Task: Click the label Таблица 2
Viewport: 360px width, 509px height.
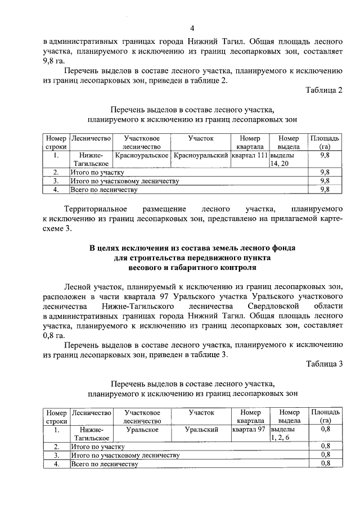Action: [x=324, y=90]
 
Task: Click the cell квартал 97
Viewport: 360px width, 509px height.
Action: [x=248, y=430]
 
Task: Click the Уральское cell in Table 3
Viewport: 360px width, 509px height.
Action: [x=142, y=430]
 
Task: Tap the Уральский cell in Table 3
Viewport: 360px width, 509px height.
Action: [x=201, y=430]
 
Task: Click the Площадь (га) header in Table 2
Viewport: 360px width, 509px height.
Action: [x=324, y=142]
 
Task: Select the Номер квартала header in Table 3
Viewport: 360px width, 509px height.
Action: [x=250, y=417]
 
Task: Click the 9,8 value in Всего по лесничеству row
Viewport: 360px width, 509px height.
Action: [x=324, y=190]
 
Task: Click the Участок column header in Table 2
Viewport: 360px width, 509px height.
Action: [x=201, y=138]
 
